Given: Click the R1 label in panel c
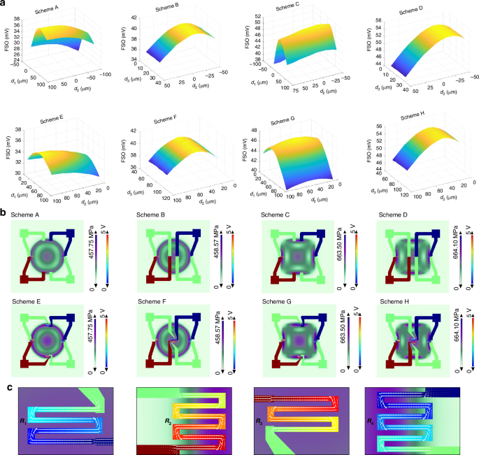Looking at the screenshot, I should pyautogui.click(x=23, y=421).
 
